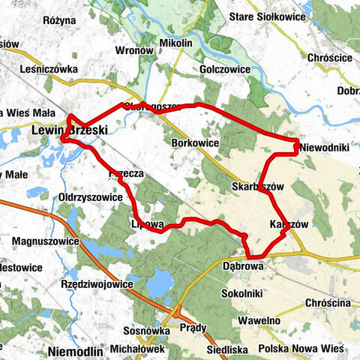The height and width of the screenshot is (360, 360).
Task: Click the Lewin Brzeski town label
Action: [x=70, y=130]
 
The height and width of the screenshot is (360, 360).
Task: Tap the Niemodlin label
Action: [x=73, y=350]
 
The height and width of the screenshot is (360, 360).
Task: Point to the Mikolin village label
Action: [x=175, y=43]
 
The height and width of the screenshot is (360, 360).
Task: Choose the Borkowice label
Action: [x=195, y=142]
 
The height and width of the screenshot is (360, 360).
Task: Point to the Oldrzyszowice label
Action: [x=90, y=197]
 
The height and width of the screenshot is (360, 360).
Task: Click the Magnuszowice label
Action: [x=46, y=241]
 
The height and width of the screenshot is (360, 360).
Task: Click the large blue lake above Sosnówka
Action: [x=160, y=283]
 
